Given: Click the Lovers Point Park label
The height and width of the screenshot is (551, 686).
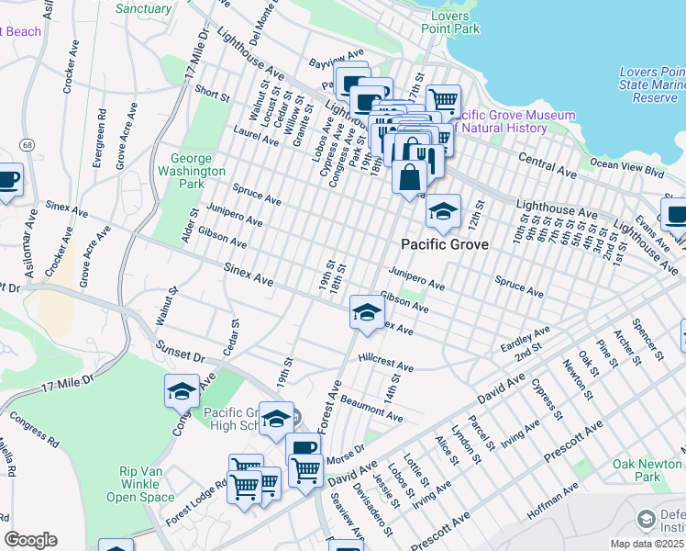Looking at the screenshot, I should click(450, 23).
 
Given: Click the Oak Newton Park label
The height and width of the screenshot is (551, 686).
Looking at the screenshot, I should click(636, 470).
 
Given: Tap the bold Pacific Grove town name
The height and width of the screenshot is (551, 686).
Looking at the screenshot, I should click(444, 244).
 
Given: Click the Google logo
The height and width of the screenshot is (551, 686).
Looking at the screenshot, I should click(30, 540).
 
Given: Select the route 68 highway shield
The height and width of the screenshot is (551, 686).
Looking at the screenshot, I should click(28, 145).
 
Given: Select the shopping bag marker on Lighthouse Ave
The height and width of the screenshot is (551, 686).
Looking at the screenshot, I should click(409, 174).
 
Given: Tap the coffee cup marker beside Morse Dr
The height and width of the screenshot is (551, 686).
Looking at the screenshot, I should click(303, 448).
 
